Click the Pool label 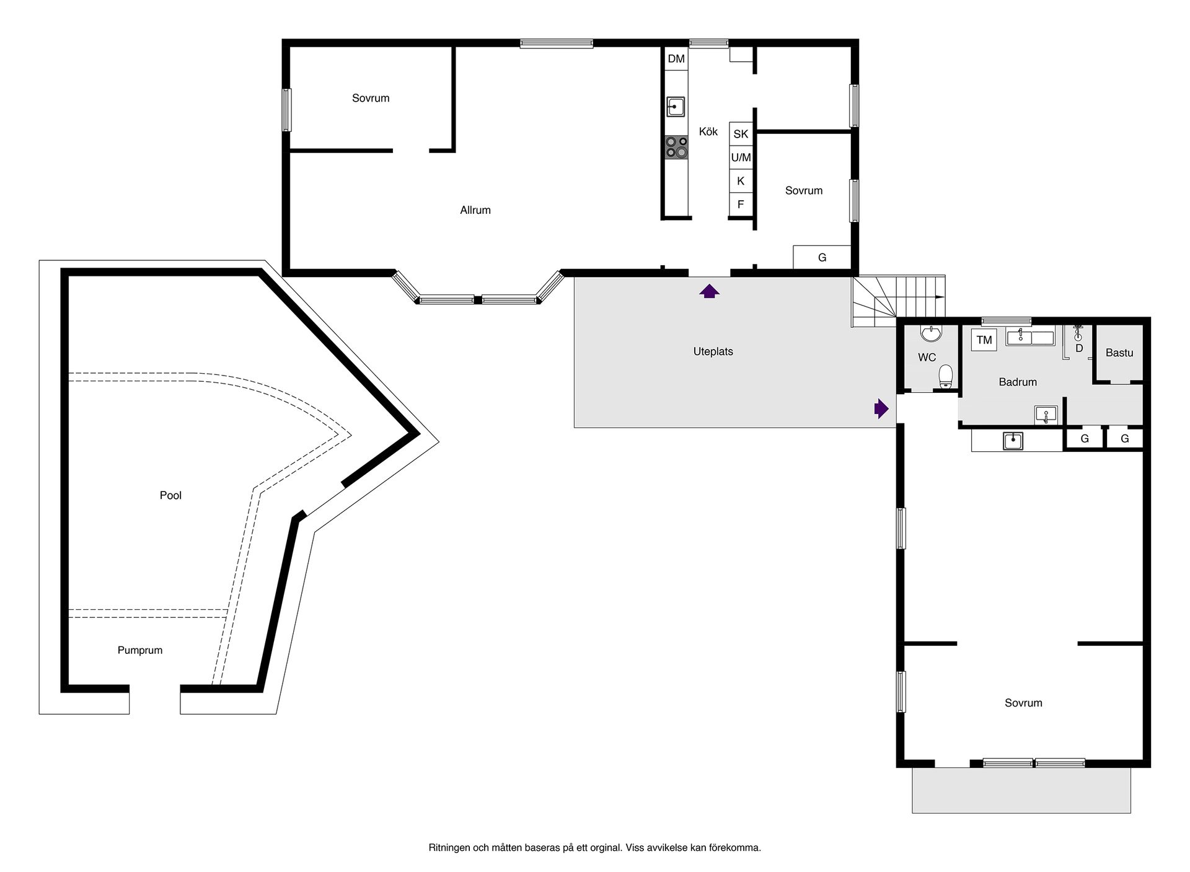click(170, 495)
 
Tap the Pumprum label click(140, 650)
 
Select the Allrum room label click(475, 210)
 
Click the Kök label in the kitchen click(708, 131)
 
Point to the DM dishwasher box click(676, 59)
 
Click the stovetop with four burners click(676, 147)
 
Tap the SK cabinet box click(741, 133)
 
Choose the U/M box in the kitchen click(741, 157)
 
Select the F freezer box click(741, 205)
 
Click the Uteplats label click(713, 351)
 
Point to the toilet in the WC click(945, 376)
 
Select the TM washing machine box click(984, 340)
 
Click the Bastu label click(1119, 353)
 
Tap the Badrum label click(1018, 382)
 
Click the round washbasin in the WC click(931, 333)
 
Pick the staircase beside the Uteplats click(899, 301)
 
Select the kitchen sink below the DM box click(676, 107)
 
